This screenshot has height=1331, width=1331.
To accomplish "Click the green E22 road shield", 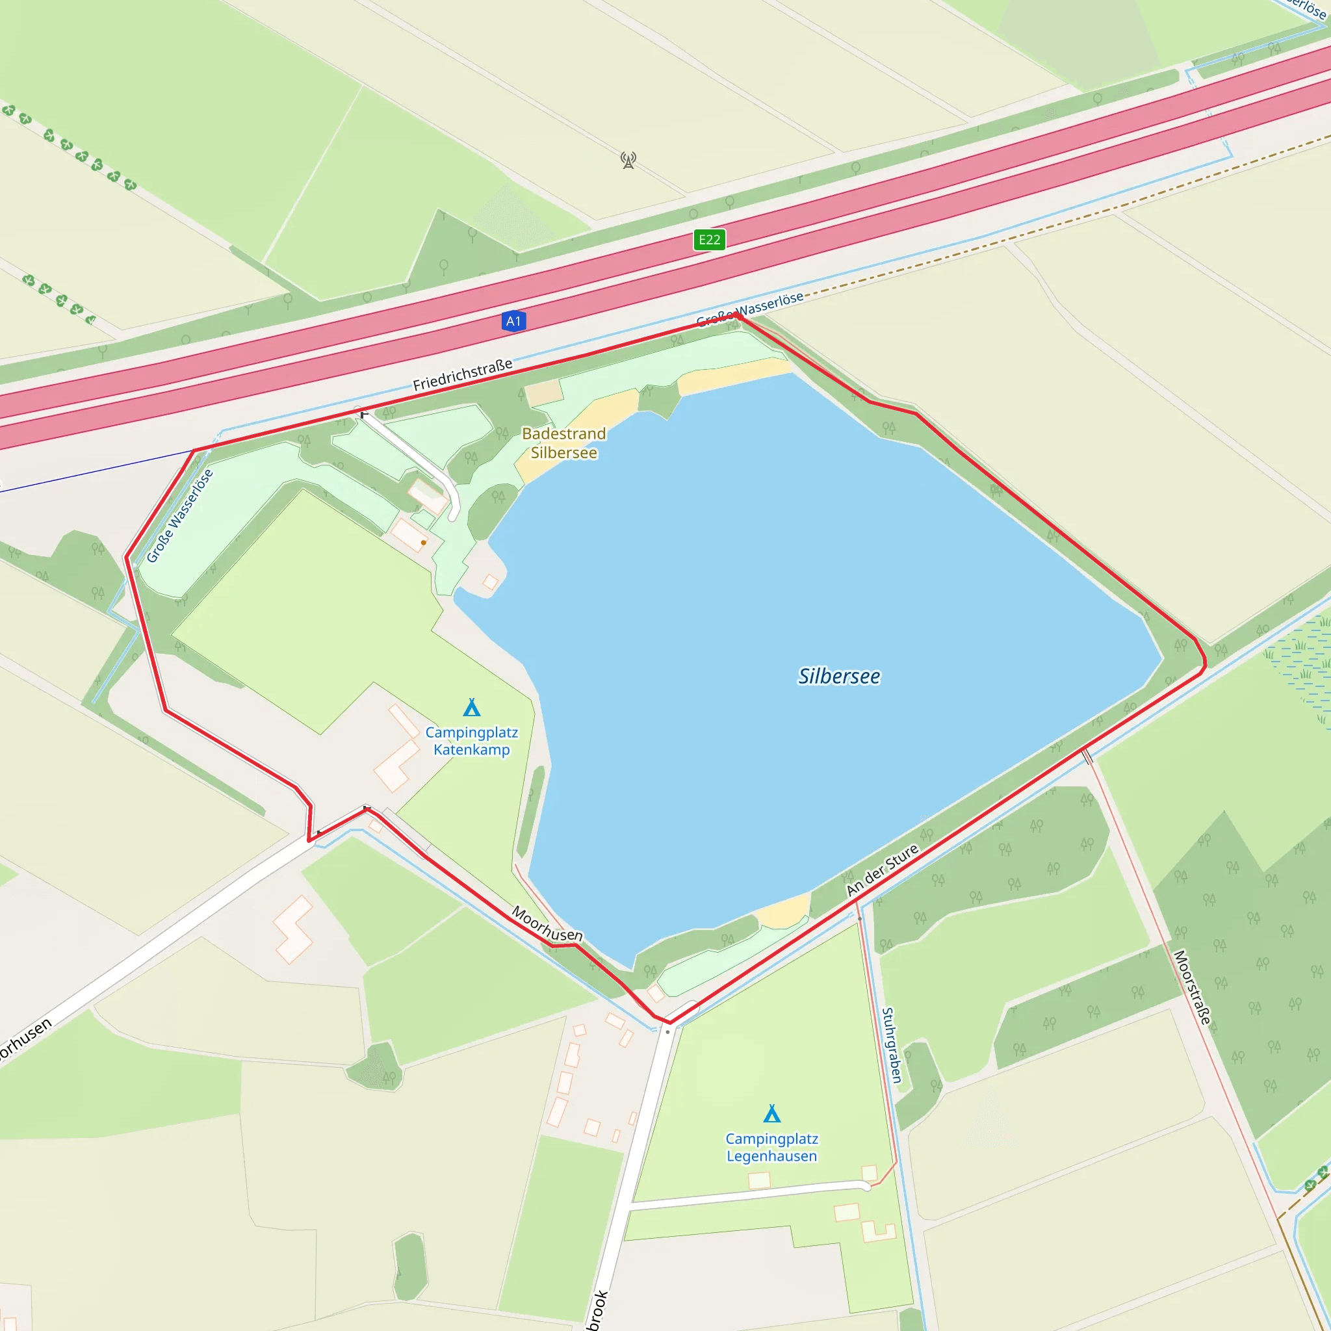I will (x=709, y=240).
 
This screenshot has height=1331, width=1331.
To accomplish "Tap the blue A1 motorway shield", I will (x=513, y=321).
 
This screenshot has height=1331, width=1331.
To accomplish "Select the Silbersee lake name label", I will (x=838, y=677).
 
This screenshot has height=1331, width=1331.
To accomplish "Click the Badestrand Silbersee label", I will (x=563, y=443).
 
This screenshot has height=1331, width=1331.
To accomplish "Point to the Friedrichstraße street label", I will (x=462, y=374).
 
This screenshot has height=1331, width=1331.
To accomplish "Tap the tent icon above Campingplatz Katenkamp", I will (x=471, y=708).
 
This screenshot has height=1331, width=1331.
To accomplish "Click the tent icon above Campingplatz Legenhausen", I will (x=771, y=1113).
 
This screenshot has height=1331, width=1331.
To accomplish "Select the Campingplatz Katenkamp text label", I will (x=471, y=741).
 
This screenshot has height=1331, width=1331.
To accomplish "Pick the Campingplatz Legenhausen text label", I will (x=771, y=1147).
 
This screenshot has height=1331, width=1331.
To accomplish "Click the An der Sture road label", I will (x=882, y=870).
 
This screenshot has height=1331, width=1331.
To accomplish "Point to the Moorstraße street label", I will (x=1192, y=987).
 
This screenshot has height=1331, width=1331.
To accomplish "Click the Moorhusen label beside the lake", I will (x=547, y=925).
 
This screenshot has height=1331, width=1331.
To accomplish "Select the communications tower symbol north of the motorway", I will (x=628, y=161).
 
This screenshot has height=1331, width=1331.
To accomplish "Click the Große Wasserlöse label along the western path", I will (x=180, y=516).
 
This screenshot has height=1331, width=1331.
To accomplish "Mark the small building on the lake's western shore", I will (x=490, y=582).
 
